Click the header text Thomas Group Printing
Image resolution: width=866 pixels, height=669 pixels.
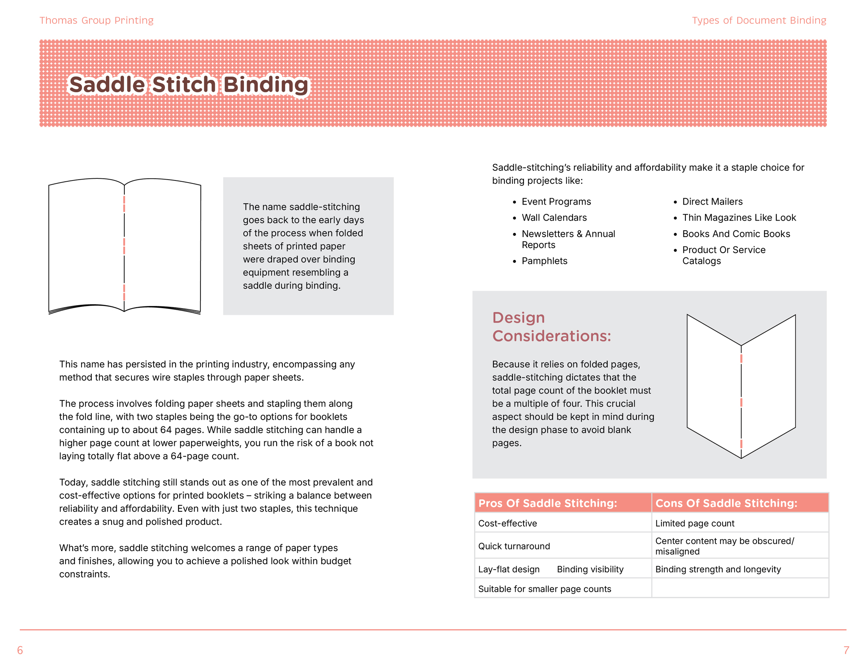pos(96,20)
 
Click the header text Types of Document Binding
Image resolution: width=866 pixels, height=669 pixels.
pos(759,20)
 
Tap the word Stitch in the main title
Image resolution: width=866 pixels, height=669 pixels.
pos(184,85)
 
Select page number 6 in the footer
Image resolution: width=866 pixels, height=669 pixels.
pos(20,650)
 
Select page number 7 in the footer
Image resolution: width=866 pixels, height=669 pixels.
pos(846,650)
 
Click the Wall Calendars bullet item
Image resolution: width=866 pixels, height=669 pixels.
pos(554,218)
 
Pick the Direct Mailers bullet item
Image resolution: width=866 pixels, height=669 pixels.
pos(712,202)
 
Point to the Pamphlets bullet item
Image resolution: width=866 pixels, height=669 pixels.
pos(544,261)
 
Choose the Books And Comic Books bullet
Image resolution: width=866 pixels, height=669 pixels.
pos(736,234)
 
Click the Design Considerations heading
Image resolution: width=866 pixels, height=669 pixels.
pos(551,327)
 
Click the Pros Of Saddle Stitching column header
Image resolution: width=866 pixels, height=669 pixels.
pos(548,503)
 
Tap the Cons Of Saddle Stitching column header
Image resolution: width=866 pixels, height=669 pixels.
pos(726,503)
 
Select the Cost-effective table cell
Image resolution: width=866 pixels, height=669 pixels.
pos(507,523)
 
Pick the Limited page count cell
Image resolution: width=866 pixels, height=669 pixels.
pos(694,523)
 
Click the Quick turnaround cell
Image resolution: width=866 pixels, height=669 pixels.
pos(514,546)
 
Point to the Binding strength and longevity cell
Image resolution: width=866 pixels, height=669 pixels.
pos(718,569)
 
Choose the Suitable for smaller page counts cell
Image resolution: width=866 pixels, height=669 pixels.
pos(544,589)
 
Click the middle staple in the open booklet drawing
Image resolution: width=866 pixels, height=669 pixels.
pos(124,246)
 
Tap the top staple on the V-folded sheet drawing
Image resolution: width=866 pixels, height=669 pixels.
pos(741,358)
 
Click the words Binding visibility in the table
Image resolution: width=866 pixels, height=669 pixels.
pos(590,569)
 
